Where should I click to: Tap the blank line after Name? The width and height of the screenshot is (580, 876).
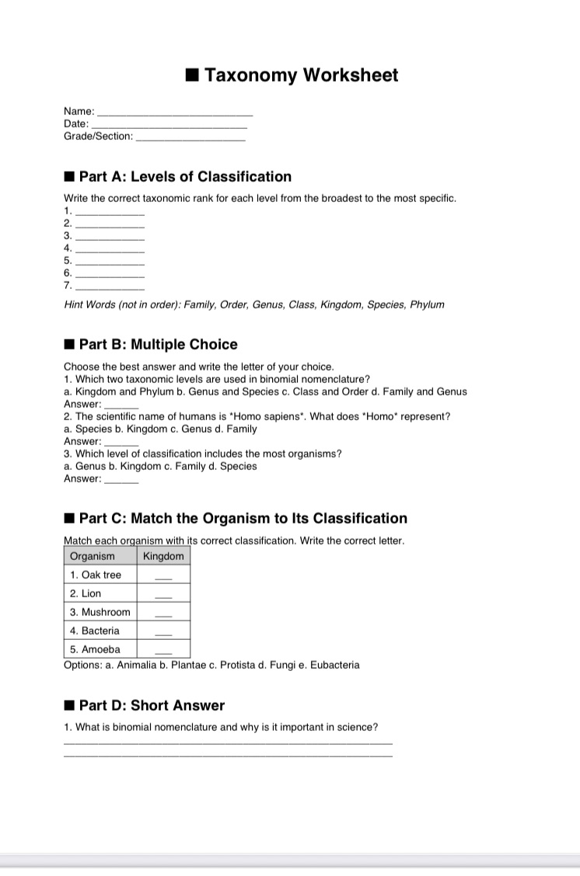click(175, 114)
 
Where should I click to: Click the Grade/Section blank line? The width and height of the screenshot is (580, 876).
click(190, 138)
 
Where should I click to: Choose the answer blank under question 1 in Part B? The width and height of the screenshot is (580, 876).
click(121, 406)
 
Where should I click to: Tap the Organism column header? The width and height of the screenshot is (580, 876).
click(93, 556)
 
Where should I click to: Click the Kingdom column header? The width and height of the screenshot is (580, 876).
click(164, 556)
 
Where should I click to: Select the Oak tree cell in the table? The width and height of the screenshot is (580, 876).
click(96, 575)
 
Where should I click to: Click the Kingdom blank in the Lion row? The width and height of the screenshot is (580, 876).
click(162, 596)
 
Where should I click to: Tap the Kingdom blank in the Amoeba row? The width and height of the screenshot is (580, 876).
click(162, 652)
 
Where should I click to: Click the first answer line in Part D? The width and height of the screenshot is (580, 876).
click(229, 743)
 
